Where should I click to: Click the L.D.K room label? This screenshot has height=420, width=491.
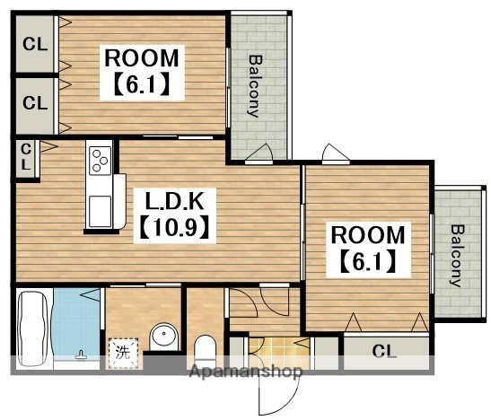pos(175,200)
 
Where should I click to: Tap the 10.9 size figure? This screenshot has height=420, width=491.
pos(175,226)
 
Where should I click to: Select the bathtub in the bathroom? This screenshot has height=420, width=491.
pos(32,328)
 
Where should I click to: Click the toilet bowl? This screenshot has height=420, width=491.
pos(205,348)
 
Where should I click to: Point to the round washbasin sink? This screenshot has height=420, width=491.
pos(164,337)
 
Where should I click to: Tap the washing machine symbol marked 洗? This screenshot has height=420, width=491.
pos(123,353)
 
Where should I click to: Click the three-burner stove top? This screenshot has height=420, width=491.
pos(100,161)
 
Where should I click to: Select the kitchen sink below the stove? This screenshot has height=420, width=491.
pos(100,211)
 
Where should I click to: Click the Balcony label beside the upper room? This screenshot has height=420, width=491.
pos(255,86)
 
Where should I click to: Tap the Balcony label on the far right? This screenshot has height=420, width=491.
pos(457,256)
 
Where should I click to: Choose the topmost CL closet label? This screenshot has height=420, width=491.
pos(35,44)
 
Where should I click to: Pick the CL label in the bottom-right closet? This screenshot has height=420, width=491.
pos(384,352)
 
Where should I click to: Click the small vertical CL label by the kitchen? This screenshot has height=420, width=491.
pos(26,157)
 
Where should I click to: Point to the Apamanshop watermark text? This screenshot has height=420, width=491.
pos(246,372)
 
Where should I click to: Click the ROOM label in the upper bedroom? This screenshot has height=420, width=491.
pos(142,58)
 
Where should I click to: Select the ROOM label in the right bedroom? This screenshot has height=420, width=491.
pos(368,235)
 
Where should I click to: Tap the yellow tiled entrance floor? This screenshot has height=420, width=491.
pos(279,350)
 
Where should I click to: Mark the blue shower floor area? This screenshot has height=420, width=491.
pos(76,322)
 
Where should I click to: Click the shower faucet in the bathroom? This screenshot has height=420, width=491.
pos(81,356)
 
